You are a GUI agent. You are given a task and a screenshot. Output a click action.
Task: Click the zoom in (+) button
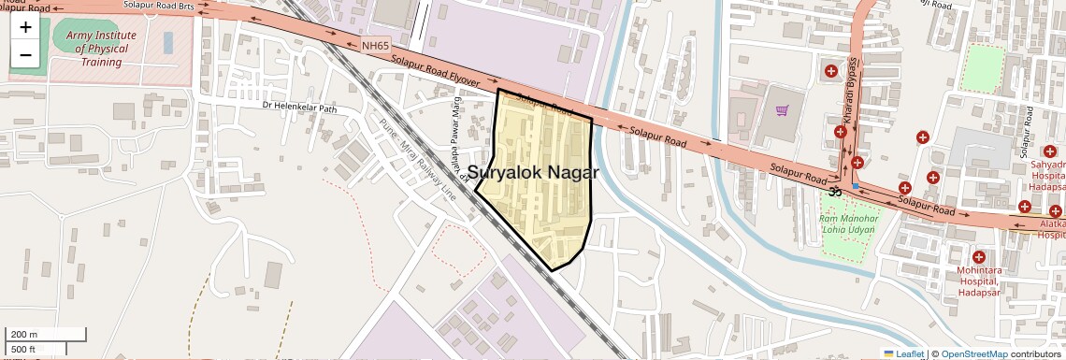point(25,27)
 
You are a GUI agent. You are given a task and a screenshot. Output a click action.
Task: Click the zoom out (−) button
point(25,54)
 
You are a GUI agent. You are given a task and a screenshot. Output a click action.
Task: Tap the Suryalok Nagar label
point(533,172)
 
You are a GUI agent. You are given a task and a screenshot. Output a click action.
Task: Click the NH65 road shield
point(375,45)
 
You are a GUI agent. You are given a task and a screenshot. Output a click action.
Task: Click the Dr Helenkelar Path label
point(299,108)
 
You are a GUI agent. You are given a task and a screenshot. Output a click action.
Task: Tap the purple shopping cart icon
point(783,110)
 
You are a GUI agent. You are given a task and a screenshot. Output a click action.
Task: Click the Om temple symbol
point(835,192)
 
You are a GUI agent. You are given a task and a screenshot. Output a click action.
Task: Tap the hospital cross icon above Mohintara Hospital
point(979,257)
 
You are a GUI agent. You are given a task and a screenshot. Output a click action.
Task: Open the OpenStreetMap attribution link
point(973,353)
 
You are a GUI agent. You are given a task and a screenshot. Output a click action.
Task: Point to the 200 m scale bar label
point(24,334)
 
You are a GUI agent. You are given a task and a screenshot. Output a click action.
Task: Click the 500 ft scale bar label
point(24,350)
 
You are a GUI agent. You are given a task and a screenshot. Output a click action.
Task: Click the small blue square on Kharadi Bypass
point(856,186)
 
